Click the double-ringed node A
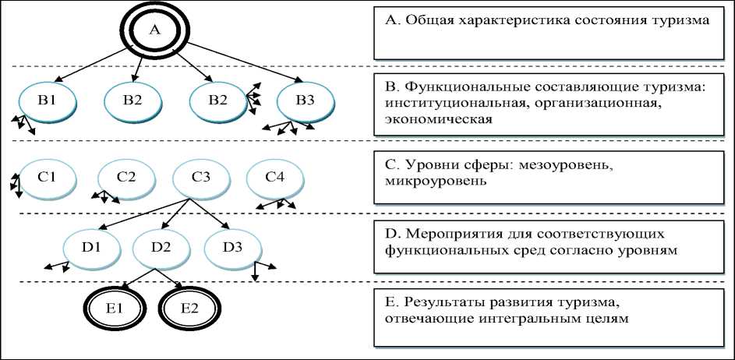pos(153,30)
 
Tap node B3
pos(306,101)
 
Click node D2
pos(161,248)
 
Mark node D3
pos(232,248)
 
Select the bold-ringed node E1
pos(115,309)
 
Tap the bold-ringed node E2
pos(189,309)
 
